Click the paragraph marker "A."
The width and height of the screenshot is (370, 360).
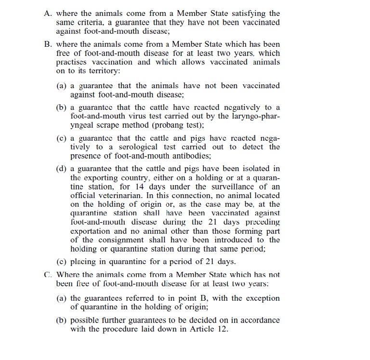point(47,13)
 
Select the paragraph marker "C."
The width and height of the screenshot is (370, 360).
point(47,274)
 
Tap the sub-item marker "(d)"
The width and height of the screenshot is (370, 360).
point(61,168)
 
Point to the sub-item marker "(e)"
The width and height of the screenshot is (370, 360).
point(61,262)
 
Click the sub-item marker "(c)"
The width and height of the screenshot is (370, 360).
point(61,137)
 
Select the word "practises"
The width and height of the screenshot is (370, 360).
point(73,62)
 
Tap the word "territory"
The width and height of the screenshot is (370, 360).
point(97,71)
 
